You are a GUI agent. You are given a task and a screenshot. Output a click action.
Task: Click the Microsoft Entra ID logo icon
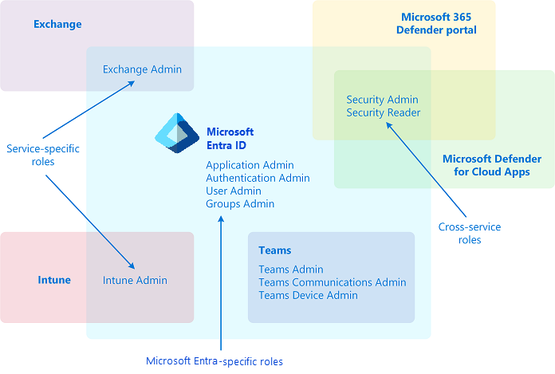pos(176,132)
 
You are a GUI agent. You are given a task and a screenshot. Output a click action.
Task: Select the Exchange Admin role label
pos(142,69)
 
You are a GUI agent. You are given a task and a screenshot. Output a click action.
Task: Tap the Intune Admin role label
pos(135,280)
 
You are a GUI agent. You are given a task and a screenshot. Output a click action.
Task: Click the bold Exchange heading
pos(57,24)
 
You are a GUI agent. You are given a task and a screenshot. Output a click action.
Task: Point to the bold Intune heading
pos(54,280)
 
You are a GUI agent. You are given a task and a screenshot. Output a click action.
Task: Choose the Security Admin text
pos(382,100)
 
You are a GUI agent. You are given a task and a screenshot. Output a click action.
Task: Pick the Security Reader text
pos(383,112)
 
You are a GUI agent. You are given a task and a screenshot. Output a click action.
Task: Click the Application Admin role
pos(250,165)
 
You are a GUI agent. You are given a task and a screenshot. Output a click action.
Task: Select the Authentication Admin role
pos(258,178)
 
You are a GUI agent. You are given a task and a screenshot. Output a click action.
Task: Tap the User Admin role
pos(233,191)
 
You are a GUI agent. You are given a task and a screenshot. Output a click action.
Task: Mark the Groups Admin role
pos(239,203)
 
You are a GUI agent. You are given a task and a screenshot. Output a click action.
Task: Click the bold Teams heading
pos(274,250)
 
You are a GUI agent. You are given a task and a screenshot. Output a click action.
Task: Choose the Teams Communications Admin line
pos(332,282)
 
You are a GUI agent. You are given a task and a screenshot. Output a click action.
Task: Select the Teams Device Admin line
pos(308,295)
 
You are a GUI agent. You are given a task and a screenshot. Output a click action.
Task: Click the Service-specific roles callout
pos(42,155)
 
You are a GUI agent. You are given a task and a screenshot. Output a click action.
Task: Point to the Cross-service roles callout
pos(470,233)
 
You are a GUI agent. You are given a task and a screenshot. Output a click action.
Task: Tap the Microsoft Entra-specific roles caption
pos(215,361)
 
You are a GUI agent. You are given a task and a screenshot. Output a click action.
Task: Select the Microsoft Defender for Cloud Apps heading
pos(491,165)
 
